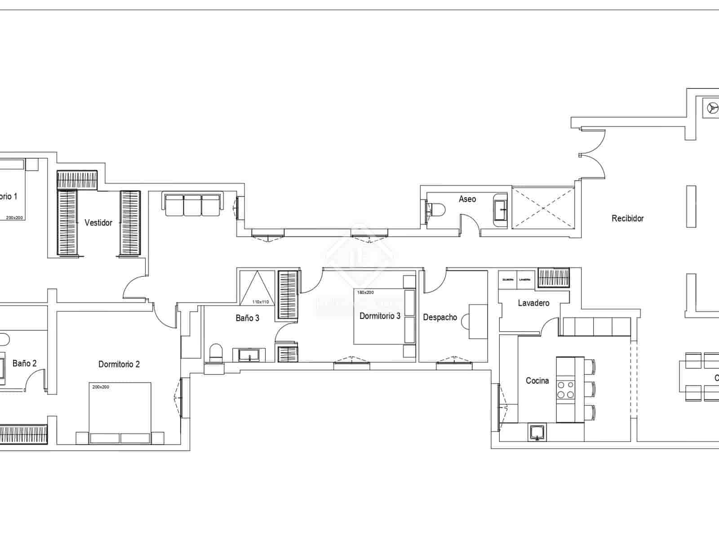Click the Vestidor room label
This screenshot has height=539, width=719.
click(x=98, y=222)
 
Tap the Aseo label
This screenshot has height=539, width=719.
click(x=467, y=199)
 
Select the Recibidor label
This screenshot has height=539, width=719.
click(x=627, y=218)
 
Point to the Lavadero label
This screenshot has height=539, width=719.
click(x=533, y=303)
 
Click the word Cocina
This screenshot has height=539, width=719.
click(x=537, y=381)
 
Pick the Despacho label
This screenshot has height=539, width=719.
click(x=440, y=318)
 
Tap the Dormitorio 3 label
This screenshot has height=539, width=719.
click(x=380, y=316)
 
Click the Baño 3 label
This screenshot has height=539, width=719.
click(x=247, y=318)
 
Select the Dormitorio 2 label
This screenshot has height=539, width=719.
click(x=119, y=364)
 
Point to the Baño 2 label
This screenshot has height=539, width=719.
click(x=24, y=363)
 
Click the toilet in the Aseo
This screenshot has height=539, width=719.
click(x=436, y=209)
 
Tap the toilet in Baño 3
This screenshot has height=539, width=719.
click(x=216, y=352)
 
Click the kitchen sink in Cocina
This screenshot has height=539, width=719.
click(x=537, y=433)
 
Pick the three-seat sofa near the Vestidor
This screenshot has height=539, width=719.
click(x=193, y=205)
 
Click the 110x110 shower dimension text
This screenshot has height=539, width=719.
click(x=261, y=302)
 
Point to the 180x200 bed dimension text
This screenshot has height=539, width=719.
click(x=365, y=292)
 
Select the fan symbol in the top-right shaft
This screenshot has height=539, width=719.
click(x=711, y=108)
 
